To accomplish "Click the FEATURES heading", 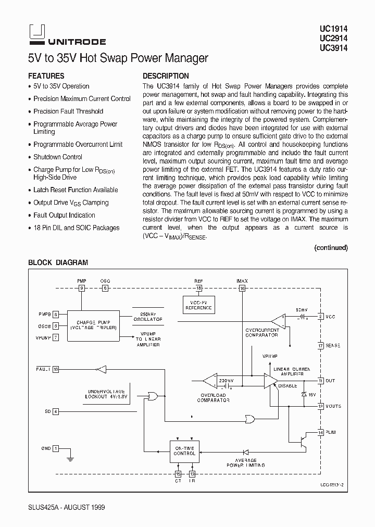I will tap(46, 76).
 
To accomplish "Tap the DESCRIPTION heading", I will tap(166, 76).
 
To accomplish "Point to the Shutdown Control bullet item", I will tap(58, 157).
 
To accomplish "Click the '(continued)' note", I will tap(331, 248).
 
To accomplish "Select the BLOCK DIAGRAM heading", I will tap(58, 263).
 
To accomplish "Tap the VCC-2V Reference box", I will tap(198, 306).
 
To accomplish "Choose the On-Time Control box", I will tap(184, 450).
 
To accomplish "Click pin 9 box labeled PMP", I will tap(81, 287).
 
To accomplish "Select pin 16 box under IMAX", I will tap(242, 287).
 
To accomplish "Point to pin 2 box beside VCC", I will tap(321, 316).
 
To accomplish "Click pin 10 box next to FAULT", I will tap(56, 369).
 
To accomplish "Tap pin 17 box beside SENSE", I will tap(321, 345).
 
